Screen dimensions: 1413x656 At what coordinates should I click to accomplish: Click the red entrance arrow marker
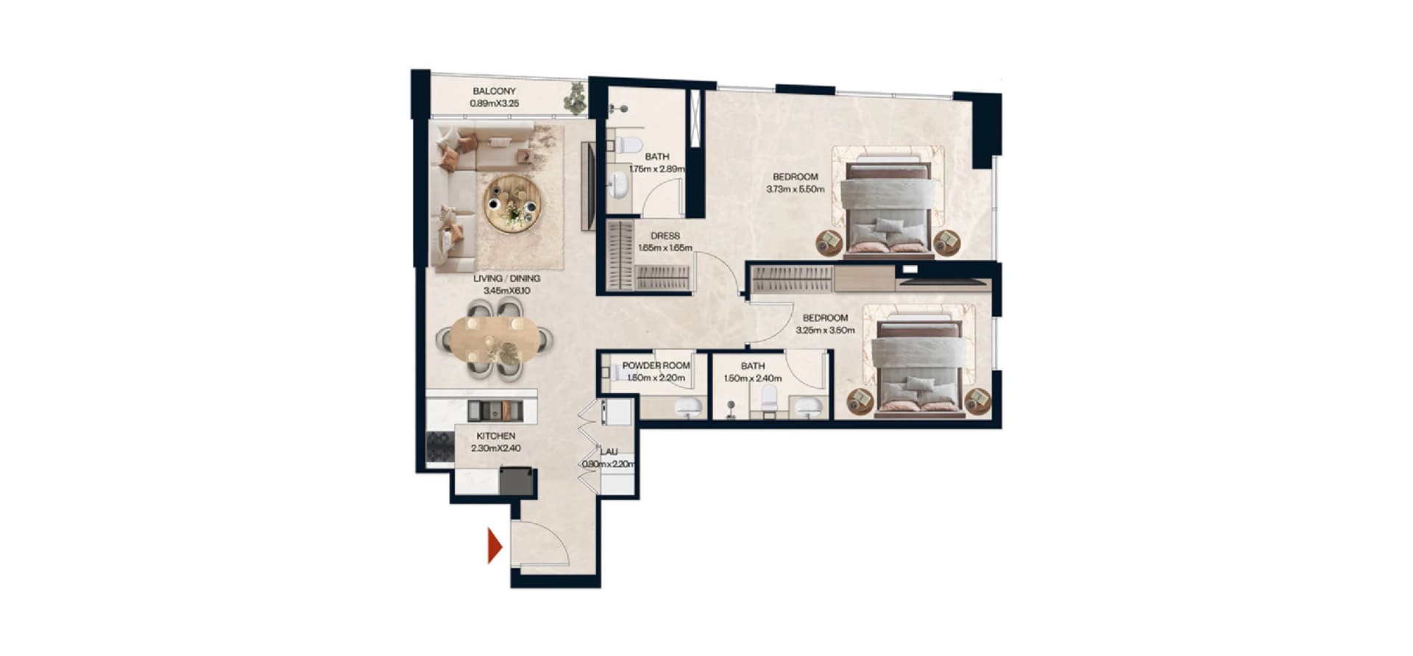tap(495, 547)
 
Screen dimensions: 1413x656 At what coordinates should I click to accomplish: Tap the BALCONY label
tap(495, 91)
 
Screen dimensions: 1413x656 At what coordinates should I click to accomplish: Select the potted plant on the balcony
tap(574, 98)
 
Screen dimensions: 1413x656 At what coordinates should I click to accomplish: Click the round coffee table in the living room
tap(512, 204)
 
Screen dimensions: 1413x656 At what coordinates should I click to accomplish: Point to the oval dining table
tap(495, 339)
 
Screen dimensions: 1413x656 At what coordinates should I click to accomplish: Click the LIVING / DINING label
tap(506, 278)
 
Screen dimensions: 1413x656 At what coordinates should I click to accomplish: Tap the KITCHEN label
tap(496, 436)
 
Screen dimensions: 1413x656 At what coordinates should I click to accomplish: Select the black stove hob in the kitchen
tap(440, 447)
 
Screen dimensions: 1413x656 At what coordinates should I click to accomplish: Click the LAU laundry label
tap(609, 452)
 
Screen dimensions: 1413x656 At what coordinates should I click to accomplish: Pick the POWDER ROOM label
tap(656, 365)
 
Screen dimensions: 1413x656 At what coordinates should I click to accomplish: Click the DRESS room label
tap(665, 236)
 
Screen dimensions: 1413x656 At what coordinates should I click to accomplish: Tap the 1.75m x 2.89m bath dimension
tap(657, 169)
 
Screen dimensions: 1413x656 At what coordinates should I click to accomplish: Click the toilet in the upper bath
tap(627, 144)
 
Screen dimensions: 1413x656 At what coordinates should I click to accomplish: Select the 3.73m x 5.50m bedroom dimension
tap(796, 189)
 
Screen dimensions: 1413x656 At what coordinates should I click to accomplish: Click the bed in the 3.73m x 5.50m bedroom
tap(888, 210)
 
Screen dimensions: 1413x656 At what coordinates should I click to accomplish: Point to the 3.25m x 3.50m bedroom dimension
tap(825, 331)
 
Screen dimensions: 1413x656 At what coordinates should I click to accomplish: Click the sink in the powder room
tap(689, 406)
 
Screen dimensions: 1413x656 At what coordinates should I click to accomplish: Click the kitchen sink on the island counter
tap(495, 410)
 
